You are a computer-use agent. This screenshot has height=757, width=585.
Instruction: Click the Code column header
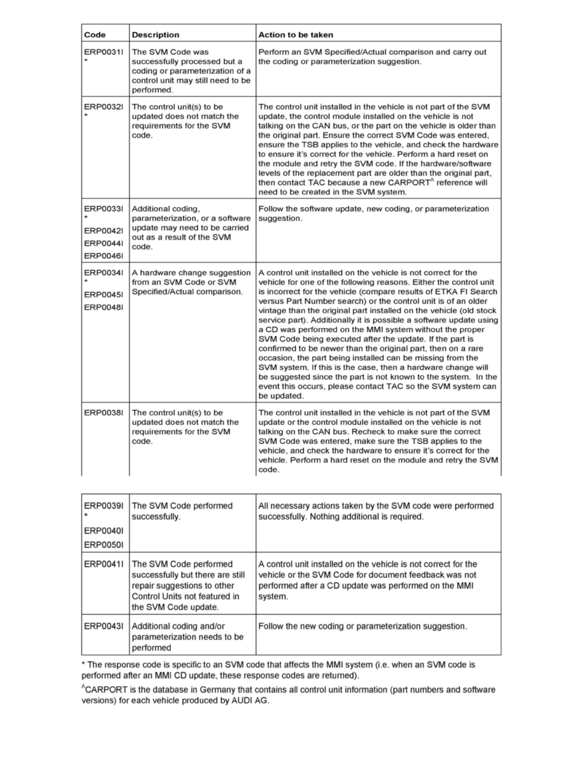pos(95,34)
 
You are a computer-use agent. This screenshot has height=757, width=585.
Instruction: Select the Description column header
pos(155,34)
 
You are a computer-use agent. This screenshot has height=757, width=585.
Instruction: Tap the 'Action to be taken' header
pos(295,34)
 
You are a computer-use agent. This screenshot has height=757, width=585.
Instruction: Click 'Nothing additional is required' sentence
pos(369,517)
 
